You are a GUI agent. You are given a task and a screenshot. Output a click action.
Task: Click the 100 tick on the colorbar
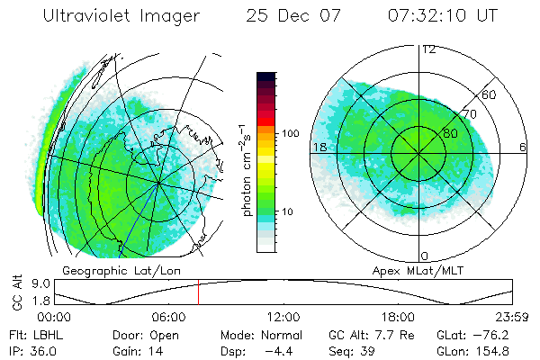(x=291, y=132)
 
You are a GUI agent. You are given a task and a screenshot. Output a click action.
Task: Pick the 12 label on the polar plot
(x=429, y=49)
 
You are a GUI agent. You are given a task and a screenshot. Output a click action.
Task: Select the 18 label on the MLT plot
(x=319, y=146)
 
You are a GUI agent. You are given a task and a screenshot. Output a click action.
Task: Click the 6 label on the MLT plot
(x=523, y=146)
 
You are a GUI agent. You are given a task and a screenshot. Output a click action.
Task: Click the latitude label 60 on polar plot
(x=490, y=94)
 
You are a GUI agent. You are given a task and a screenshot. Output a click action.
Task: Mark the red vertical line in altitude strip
(x=198, y=292)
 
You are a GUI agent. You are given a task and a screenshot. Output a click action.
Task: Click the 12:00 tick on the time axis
(x=283, y=317)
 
